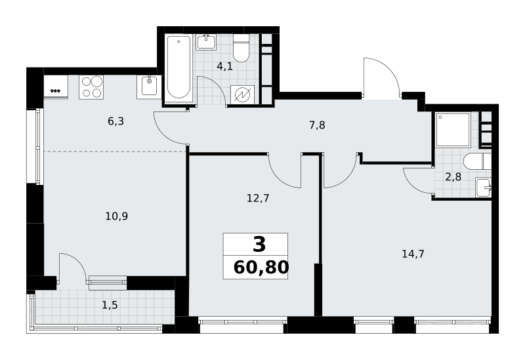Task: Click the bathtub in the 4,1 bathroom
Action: (178, 68)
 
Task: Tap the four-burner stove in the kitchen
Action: (91, 87)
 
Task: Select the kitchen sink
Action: (149, 87)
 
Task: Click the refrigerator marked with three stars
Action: (56, 87)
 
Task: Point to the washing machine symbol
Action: (242, 95)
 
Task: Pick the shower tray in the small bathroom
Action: (453, 129)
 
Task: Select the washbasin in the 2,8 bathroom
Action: (483, 188)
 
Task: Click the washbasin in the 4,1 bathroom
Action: (206, 42)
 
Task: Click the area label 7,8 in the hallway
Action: (317, 125)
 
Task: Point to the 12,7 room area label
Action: (258, 199)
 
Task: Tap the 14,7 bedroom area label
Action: (413, 254)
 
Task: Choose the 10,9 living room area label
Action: (117, 216)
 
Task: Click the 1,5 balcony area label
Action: (110, 305)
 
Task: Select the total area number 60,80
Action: (261, 268)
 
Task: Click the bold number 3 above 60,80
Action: (259, 244)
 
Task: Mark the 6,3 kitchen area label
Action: (116, 121)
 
